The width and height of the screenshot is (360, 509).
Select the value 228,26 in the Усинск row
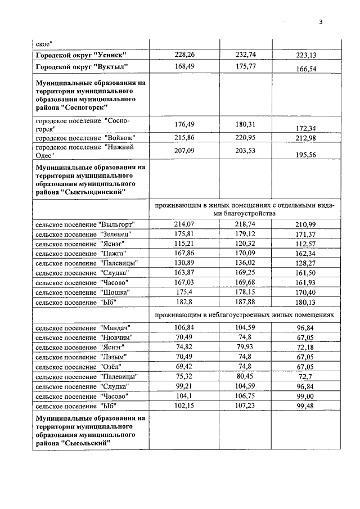(184, 55)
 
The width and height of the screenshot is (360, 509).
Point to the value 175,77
(245, 66)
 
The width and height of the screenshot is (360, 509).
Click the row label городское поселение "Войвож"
(85, 138)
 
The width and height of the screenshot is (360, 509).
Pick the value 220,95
(245, 137)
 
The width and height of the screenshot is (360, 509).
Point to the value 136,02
(245, 263)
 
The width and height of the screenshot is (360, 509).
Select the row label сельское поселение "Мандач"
(82, 327)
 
